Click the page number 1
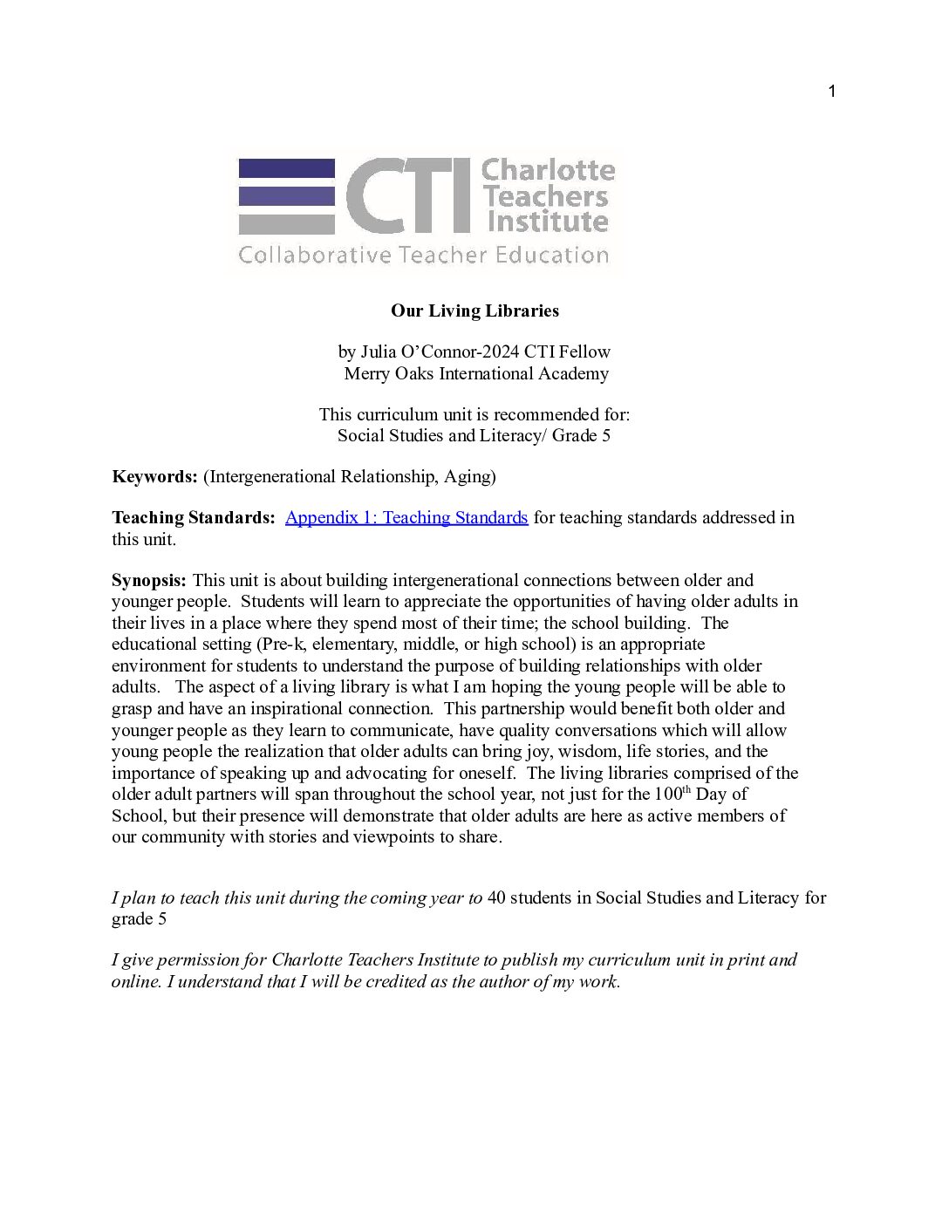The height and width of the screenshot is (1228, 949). click(831, 92)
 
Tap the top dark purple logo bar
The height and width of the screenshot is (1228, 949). click(287, 167)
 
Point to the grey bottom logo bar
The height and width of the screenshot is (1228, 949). click(287, 224)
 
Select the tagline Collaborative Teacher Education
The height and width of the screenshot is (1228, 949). click(423, 256)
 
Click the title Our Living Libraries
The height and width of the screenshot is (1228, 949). click(474, 310)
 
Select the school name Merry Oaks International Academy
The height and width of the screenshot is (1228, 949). click(476, 373)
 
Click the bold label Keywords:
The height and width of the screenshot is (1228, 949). click(154, 476)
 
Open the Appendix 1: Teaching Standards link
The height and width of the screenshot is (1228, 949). click(406, 517)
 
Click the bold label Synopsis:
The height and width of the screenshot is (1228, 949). click(148, 580)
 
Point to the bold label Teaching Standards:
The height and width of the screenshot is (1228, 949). click(193, 517)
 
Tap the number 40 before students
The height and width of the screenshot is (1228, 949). click(495, 897)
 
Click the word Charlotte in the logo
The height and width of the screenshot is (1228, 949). click(548, 170)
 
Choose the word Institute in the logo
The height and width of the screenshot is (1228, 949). click(548, 222)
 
